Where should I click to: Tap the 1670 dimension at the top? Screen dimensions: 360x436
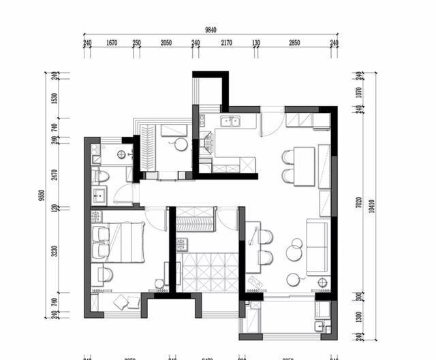pyautogui.click(x=112, y=43)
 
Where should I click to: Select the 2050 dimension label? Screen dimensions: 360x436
pyautogui.click(x=166, y=43)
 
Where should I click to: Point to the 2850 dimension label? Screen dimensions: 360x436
pyautogui.click(x=294, y=43)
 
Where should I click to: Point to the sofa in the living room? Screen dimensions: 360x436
pyautogui.click(x=318, y=246)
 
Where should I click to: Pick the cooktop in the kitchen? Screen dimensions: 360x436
pyautogui.click(x=206, y=143)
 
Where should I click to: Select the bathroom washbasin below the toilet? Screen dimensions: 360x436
pyautogui.click(x=100, y=197)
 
